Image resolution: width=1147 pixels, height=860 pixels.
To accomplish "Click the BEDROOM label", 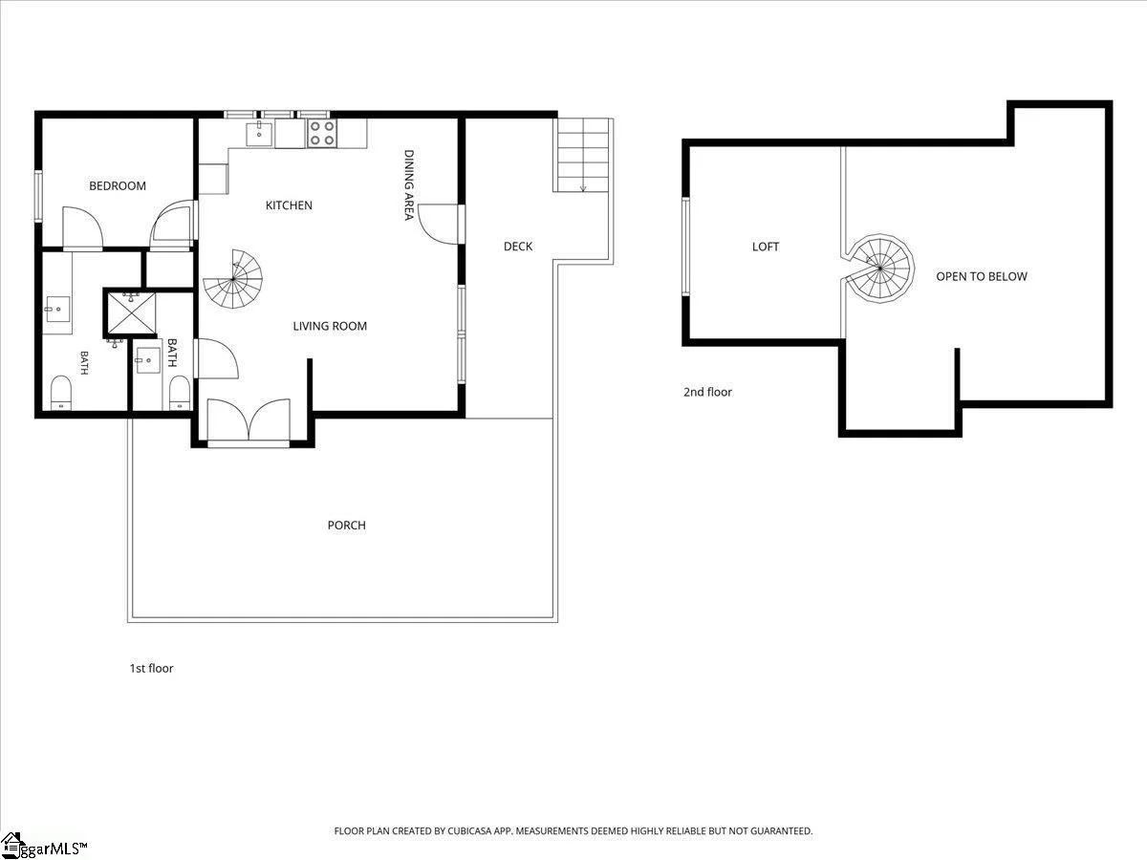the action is tap(118, 186).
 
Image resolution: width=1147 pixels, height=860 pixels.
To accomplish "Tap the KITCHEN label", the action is tap(289, 205).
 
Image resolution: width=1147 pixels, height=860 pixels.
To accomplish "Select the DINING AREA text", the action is tap(409, 184).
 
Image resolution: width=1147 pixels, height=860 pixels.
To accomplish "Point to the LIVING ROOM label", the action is tap(330, 327).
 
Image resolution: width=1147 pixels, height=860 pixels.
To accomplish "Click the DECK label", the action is tap(518, 247).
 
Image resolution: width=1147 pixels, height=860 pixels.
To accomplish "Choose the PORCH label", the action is tap(346, 526).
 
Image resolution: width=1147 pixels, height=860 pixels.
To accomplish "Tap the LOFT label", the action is tap(766, 247).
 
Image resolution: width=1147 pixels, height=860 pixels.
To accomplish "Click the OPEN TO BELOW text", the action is tap(982, 276).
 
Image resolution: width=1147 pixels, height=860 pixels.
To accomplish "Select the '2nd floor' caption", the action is tap(707, 392).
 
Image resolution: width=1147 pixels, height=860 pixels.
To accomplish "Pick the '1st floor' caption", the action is tap(152, 668).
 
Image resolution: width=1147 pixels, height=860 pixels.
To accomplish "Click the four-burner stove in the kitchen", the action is tap(322, 133).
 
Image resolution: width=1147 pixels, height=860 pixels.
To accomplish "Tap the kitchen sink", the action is tap(259, 133).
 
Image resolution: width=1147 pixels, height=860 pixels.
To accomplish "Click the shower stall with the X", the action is tap(131, 313).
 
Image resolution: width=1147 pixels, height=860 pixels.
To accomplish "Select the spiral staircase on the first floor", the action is tap(233, 279).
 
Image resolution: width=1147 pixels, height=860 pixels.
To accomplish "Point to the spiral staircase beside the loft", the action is tap(880, 268).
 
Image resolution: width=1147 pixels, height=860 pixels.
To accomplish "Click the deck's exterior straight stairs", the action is tap(583, 155).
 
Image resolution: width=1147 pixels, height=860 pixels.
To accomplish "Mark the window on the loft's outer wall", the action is tap(686, 247).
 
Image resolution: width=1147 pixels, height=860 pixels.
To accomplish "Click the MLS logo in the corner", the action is tap(43, 847).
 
